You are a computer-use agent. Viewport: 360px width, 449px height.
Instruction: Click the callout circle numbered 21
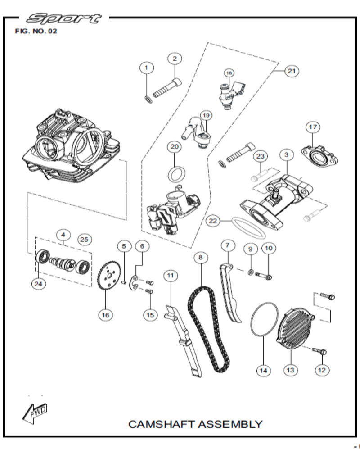(x=292, y=71)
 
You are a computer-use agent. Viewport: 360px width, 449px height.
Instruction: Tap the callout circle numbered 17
(x=313, y=127)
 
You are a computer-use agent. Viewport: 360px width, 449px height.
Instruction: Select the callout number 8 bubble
(x=201, y=258)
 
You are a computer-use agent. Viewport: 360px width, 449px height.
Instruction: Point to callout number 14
(x=264, y=370)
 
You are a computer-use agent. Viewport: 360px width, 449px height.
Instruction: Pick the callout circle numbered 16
(x=105, y=315)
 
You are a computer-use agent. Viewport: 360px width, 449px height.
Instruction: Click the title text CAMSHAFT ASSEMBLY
(x=195, y=424)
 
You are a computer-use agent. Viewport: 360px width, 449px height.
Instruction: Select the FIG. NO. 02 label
(x=36, y=32)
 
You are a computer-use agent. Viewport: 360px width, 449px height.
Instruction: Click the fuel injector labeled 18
(x=229, y=92)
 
